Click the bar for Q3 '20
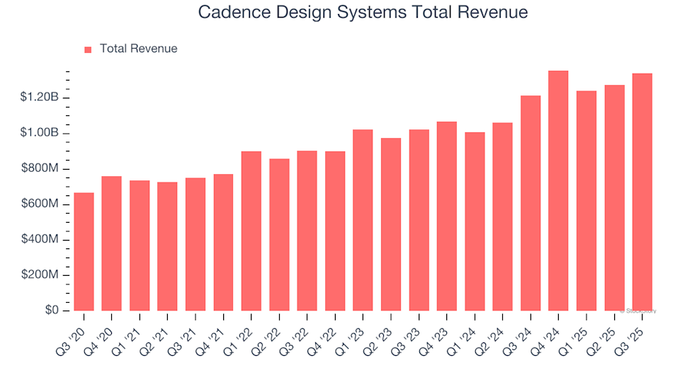(84, 252)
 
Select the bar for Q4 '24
(558, 191)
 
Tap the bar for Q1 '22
(251, 231)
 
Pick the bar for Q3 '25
(642, 192)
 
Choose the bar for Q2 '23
(391, 224)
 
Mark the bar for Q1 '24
(475, 221)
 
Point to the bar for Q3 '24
(531, 203)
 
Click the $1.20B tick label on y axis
(40, 98)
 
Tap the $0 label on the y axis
(52, 311)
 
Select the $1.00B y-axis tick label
(40, 133)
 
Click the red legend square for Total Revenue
(89, 50)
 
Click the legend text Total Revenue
(138, 49)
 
